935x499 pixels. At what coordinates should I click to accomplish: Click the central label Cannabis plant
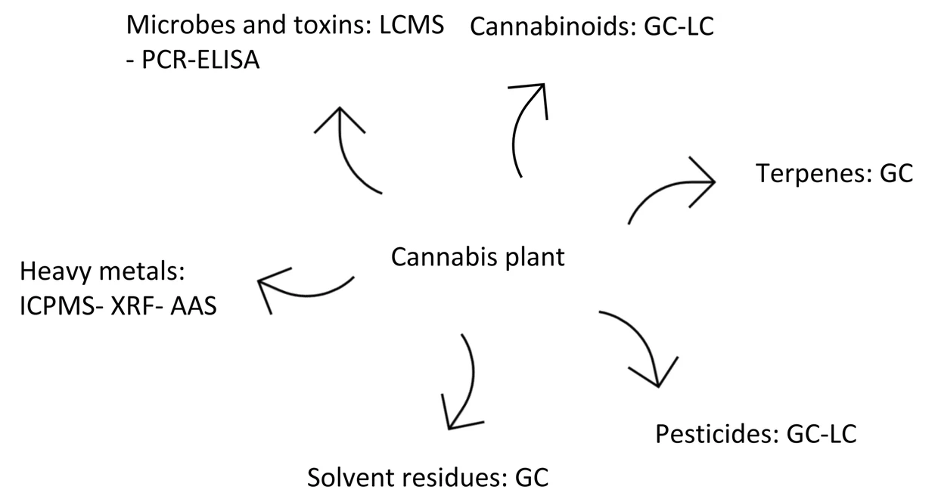coord(477,257)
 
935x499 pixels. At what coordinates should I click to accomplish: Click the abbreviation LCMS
coord(412,25)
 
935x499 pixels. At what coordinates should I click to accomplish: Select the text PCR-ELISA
coord(200,60)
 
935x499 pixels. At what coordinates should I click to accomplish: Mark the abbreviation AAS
coord(194,306)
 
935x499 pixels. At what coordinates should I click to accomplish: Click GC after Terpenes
coord(896,174)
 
